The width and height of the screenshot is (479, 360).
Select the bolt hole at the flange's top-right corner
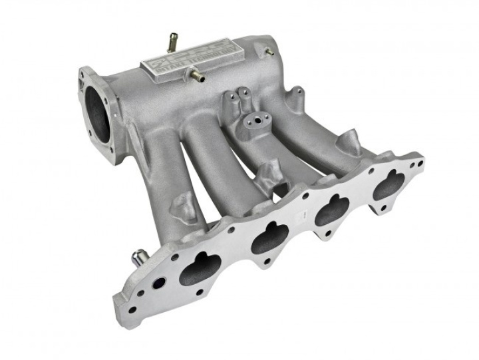pos(418,162)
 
